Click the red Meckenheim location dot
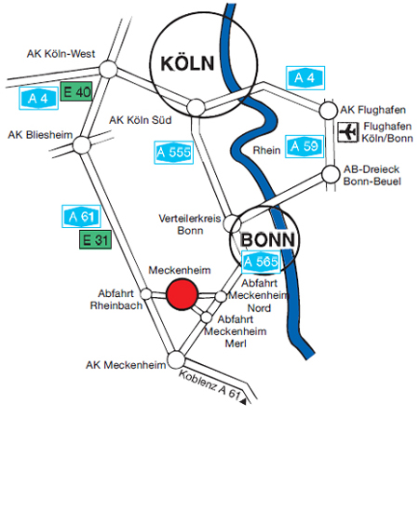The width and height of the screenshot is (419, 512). click(x=182, y=294)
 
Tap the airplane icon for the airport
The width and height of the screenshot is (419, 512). click(x=347, y=132)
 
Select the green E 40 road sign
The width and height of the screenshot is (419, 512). click(x=76, y=91)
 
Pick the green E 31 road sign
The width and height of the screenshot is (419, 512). click(x=95, y=240)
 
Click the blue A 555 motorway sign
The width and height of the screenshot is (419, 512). click(x=174, y=153)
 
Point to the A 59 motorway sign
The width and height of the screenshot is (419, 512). click(x=304, y=146)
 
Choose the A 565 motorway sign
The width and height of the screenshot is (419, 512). click(x=261, y=262)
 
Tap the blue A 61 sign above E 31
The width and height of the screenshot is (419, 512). click(x=81, y=217)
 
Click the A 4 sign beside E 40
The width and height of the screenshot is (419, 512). click(x=38, y=99)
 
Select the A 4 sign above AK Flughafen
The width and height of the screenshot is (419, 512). click(x=305, y=78)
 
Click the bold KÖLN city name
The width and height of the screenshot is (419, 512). click(x=187, y=63)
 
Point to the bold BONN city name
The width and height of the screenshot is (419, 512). click(x=267, y=240)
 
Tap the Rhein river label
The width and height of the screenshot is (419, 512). click(x=266, y=150)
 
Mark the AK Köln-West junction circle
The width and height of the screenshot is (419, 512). click(x=108, y=69)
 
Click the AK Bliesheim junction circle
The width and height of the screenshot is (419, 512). click(x=82, y=144)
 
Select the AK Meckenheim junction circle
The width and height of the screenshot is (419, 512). click(x=176, y=360)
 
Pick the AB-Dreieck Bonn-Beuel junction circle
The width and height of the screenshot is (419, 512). click(x=331, y=174)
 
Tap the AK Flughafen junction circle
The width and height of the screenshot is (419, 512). click(x=328, y=111)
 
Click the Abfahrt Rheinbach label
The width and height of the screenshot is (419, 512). click(x=116, y=300)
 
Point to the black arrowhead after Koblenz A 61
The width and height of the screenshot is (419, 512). click(x=243, y=401)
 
